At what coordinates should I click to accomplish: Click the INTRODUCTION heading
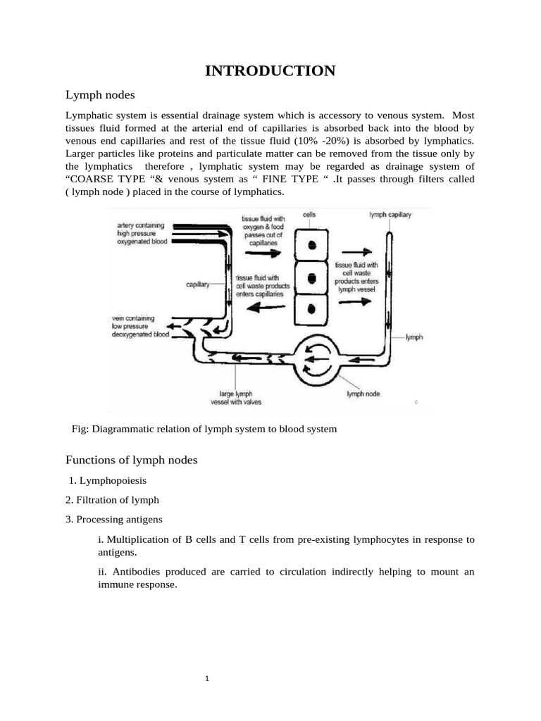270,70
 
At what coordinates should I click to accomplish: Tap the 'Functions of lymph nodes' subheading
132,460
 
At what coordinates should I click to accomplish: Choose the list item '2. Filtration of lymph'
113,500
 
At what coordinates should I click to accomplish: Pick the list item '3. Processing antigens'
114,520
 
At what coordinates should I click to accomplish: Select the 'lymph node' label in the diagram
363,394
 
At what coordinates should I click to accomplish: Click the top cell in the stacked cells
310,244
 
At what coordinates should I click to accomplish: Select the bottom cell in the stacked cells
310,307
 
